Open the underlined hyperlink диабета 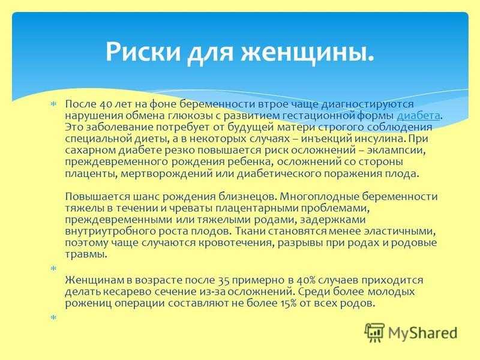(x=418, y=116)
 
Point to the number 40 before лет (x=107, y=104)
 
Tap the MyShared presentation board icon (x=374, y=332)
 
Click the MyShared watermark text (x=422, y=333)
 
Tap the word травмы (x=86, y=254)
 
